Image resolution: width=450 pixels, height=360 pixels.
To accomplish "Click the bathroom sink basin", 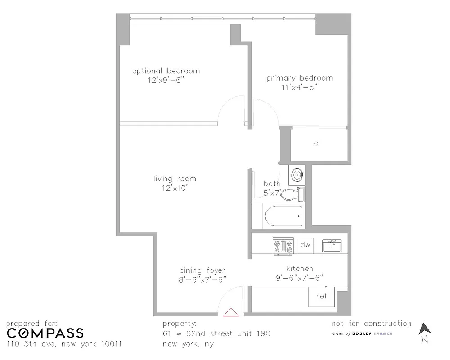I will point(297,174).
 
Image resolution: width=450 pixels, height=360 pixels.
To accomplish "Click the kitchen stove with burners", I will point(283,246).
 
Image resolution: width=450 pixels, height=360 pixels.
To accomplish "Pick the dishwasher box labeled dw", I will point(306,245).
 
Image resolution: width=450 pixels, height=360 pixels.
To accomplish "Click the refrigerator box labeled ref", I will point(321,296).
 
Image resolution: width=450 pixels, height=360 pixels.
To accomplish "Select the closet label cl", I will point(317,143).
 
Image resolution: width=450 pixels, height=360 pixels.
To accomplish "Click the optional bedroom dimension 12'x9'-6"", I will point(166,80).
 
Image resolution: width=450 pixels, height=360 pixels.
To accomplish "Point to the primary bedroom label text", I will point(299,78).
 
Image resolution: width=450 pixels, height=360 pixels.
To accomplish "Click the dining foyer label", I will point(202,270).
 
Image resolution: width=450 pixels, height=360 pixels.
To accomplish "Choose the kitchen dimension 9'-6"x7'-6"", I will point(299,278).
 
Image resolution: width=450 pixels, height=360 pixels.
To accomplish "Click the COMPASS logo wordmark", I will point(45,333).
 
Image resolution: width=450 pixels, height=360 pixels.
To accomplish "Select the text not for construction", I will point(371,323).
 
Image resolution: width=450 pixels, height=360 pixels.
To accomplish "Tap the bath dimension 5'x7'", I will point(272,193).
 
